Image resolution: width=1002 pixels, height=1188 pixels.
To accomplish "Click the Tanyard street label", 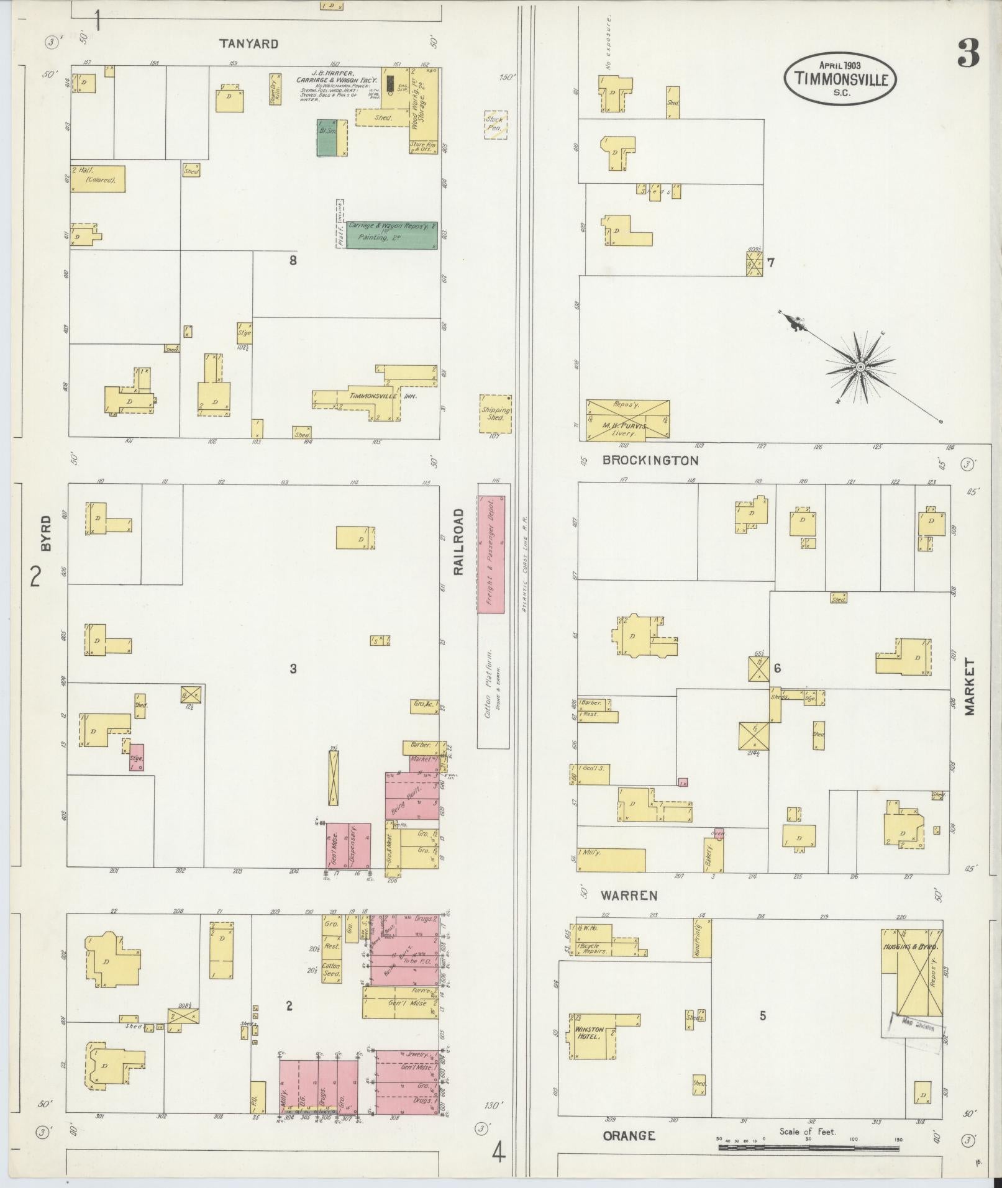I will point(248,44).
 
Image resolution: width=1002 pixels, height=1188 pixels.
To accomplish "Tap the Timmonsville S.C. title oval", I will point(840,79).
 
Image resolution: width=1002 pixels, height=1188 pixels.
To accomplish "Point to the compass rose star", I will point(860,368).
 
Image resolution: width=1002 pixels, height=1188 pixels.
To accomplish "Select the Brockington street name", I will point(650,461).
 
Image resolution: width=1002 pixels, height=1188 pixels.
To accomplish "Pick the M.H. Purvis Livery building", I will point(627,420).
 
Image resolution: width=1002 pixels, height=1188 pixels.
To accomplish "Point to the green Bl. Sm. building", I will point(327,137).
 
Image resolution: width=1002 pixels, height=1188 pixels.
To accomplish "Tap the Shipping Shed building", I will point(495,414).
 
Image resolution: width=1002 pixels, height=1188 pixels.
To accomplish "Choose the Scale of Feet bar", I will point(808,1148).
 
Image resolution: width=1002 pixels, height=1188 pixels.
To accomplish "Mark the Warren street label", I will point(629,896).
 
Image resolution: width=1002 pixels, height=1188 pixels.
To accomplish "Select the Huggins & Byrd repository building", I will point(911,982).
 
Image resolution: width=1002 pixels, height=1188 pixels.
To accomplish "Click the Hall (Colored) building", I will point(97,178).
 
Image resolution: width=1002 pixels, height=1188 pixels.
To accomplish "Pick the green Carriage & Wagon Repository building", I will point(391,234).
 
